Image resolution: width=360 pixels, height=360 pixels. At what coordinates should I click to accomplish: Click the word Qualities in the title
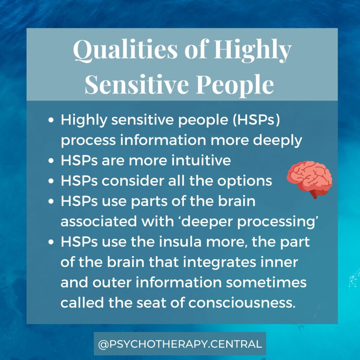pyautogui.click(x=126, y=50)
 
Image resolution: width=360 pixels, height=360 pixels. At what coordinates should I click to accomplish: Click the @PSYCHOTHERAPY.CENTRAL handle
pyautogui.click(x=180, y=344)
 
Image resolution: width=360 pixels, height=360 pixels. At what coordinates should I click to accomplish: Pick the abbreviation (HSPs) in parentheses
pyautogui.click(x=256, y=120)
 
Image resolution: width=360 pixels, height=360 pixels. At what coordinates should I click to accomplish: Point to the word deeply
pyautogui.click(x=277, y=141)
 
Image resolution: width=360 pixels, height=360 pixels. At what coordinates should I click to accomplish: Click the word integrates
pyautogui.click(x=219, y=262)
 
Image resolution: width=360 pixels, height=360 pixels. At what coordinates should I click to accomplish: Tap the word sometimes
pyautogui.click(x=266, y=282)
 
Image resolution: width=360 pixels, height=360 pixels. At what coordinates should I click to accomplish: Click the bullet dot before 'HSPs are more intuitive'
pyautogui.click(x=51, y=160)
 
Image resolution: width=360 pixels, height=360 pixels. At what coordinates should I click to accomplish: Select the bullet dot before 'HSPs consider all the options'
pyautogui.click(x=51, y=181)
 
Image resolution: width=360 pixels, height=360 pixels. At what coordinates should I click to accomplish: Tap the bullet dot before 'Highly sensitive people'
pyautogui.click(x=51, y=120)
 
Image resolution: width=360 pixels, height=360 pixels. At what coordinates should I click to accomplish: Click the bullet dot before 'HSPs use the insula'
pyautogui.click(x=51, y=242)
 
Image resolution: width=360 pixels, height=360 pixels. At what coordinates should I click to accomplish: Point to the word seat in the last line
pyautogui.click(x=151, y=303)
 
